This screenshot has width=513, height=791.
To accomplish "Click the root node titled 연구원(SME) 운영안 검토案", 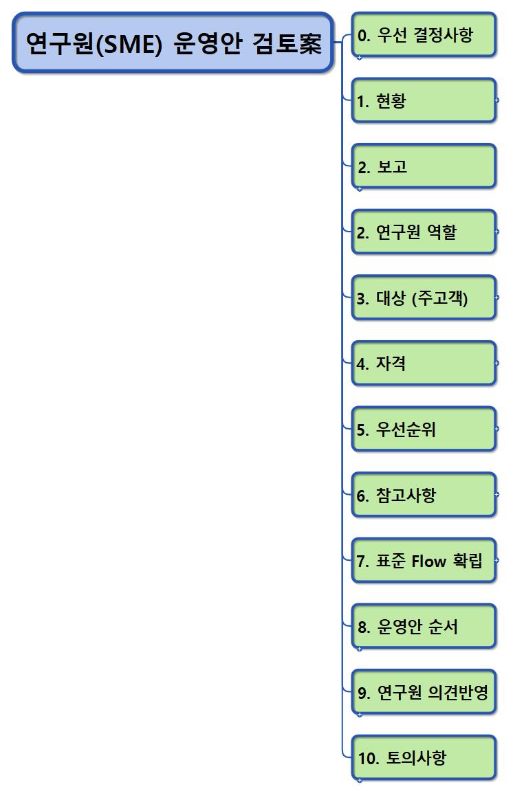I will tap(173, 43).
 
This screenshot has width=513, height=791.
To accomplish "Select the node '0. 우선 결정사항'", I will tap(424, 34).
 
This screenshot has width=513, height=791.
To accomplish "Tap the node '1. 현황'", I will tap(424, 100).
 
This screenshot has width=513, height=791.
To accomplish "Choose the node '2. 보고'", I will tap(424, 166).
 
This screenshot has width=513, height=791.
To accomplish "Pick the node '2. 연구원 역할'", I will tap(424, 232).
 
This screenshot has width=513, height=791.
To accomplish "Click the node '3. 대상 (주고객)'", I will tap(424, 298).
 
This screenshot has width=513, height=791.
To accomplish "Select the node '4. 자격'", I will tap(424, 364).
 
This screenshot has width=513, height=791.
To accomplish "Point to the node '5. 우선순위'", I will tap(424, 430).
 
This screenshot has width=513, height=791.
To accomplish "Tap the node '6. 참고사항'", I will tap(424, 495).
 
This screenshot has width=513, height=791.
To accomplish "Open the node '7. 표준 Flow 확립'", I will tap(424, 561).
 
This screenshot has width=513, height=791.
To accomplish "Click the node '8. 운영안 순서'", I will tap(424, 627).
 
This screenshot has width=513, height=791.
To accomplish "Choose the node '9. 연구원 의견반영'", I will tap(424, 692).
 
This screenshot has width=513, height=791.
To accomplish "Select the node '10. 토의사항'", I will tap(424, 758).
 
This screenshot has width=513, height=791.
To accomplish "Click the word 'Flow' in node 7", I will tap(429, 561).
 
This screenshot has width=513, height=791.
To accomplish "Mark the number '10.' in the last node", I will tap(369, 758).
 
